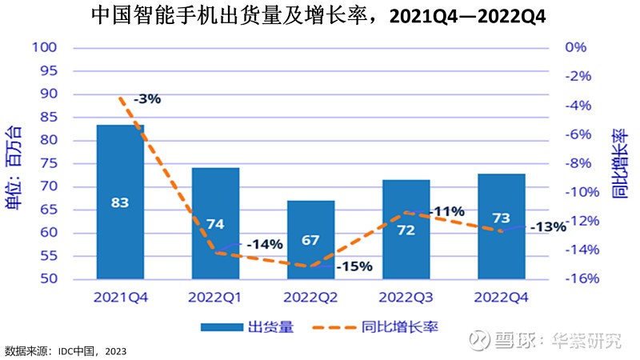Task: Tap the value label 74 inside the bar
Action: pos(215,224)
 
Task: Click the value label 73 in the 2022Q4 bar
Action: pos(502,218)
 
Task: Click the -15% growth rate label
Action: pos(353,266)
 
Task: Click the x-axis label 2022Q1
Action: pos(215,297)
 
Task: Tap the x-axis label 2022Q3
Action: pos(406,297)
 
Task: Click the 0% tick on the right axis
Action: pos(576,47)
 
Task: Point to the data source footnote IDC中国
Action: pos(66,351)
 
